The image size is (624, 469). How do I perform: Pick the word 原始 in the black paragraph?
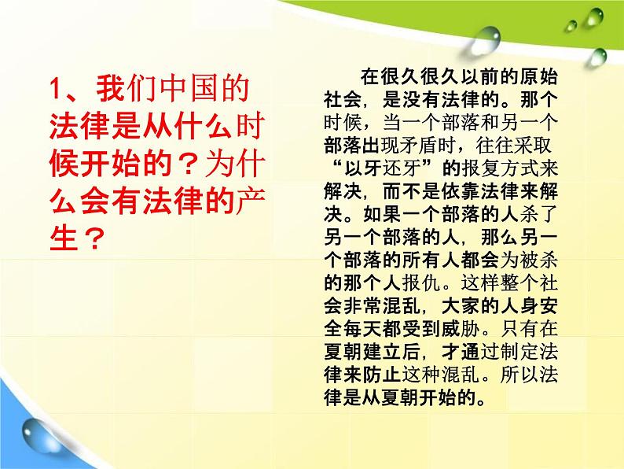pyautogui.click(x=538, y=76)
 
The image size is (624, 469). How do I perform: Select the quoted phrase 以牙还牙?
pyautogui.click(x=384, y=169)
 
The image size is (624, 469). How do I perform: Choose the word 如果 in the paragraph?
pyautogui.click(x=382, y=215)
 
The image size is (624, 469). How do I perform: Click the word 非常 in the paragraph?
pyautogui.click(x=363, y=307)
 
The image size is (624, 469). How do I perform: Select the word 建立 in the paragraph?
pyautogui.click(x=382, y=353)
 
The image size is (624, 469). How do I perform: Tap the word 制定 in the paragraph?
pyautogui.click(x=519, y=353)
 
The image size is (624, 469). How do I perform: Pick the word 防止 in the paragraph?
pyautogui.click(x=382, y=375)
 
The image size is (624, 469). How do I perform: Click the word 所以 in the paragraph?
pyautogui.click(x=519, y=375)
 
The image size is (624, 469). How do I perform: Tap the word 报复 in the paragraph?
pyautogui.click(x=482, y=169)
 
